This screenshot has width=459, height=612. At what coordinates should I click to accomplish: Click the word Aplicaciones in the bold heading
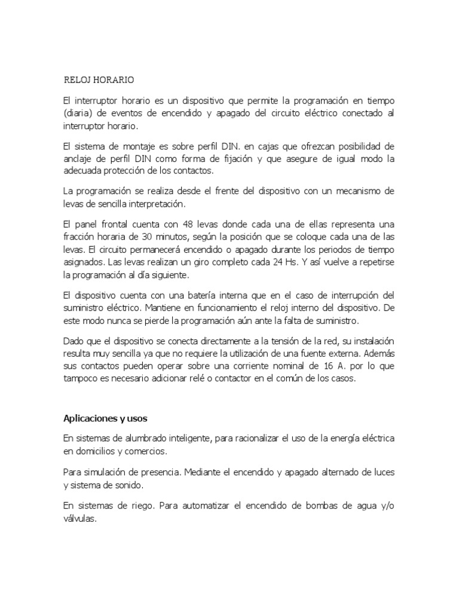91,417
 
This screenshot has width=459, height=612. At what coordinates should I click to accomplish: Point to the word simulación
105,473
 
